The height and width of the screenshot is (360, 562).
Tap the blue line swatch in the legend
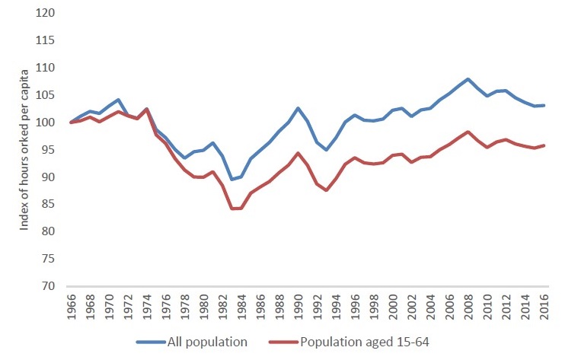point(156,342)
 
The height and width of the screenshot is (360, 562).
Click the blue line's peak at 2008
point(468,79)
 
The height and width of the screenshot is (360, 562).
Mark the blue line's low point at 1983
point(232,180)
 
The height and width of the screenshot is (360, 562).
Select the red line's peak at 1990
point(298,153)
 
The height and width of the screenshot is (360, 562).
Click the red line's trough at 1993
point(326,190)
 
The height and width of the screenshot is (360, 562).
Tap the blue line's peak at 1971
point(119,100)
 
